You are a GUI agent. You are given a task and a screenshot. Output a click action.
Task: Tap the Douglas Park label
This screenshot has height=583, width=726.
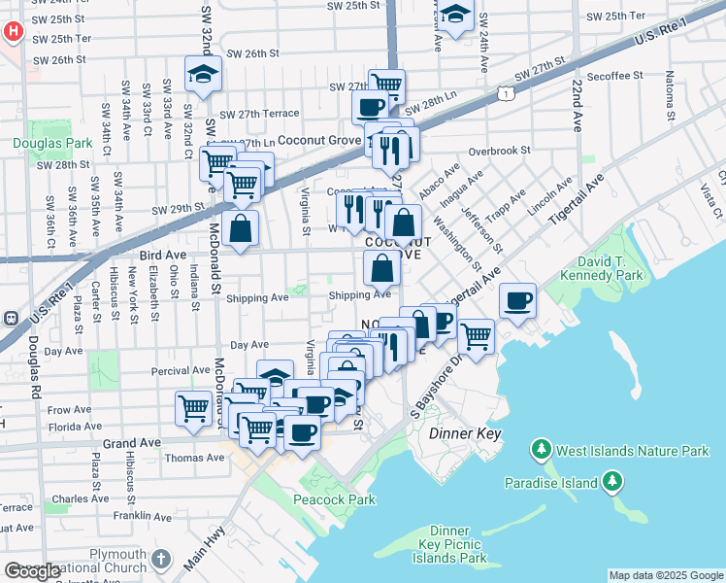pyautogui.click(x=52, y=144)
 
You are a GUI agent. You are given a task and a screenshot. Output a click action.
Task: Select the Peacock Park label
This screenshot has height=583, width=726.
pyautogui.click(x=334, y=499)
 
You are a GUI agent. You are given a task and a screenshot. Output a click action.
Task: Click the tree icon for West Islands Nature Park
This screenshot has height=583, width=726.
pyautogui.click(x=541, y=450)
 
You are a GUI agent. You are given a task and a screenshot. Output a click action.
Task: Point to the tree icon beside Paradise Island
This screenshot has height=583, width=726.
pyautogui.click(x=612, y=481)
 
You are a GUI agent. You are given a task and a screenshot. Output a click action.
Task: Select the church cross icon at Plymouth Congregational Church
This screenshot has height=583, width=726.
pyautogui.click(x=161, y=561)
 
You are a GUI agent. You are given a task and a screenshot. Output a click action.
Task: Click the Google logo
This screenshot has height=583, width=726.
pyautogui.click(x=32, y=570)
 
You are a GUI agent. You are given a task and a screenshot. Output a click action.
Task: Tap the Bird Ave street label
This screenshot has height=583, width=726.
pyautogui.click(x=162, y=255)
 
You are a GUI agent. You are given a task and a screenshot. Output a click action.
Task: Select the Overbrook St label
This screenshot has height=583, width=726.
pyautogui.click(x=499, y=151)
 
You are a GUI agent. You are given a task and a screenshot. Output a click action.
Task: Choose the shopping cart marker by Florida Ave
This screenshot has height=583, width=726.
pyautogui.click(x=194, y=407)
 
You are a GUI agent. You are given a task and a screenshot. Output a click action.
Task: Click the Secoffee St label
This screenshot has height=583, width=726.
pyautogui.click(x=614, y=75)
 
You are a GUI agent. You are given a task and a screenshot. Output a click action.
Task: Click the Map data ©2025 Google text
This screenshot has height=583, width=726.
pyautogui.click(x=666, y=575)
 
